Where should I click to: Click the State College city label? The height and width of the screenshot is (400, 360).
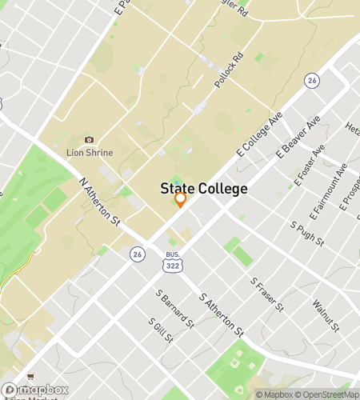[204, 189]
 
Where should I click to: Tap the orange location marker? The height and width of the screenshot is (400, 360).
[181, 200]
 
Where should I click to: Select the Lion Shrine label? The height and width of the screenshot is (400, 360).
[89, 152]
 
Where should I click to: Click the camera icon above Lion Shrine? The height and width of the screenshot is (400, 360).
[89, 139]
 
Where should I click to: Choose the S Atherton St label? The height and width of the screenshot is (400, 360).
[222, 314]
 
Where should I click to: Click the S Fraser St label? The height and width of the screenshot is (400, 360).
[267, 294]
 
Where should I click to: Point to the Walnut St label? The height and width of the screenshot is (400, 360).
[326, 316]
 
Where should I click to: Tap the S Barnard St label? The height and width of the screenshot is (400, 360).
[175, 309]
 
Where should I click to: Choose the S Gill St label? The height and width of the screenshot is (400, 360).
[160, 329]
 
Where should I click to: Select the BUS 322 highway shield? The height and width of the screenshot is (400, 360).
[172, 258]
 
